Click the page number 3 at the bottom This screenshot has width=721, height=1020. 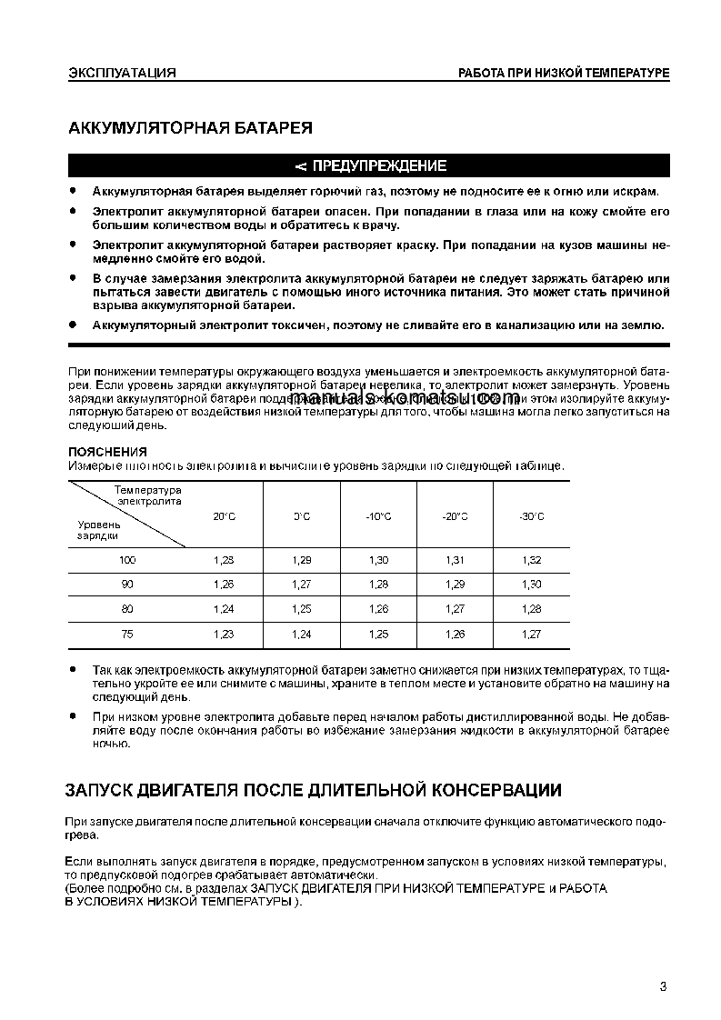coord(664,987)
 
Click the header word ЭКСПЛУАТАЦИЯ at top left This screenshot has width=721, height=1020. coord(122,73)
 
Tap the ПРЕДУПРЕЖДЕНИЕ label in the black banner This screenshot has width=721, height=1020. coord(379,166)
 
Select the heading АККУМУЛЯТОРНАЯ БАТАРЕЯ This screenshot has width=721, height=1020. coord(191,128)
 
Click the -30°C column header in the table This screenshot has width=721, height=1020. coord(531,516)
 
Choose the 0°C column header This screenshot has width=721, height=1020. coord(302,516)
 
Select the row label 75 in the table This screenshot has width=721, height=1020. coord(127,635)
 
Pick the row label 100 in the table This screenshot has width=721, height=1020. coord(127,560)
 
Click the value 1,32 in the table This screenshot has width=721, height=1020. coord(531,560)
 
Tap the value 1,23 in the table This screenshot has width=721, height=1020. coord(224,635)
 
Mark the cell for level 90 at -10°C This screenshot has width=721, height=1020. coord(378,585)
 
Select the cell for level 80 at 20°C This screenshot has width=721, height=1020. coord(224,609)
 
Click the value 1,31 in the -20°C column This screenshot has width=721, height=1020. coord(455,560)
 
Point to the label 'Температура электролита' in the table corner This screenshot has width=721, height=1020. coord(148,495)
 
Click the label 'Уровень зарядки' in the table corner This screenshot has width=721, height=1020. coord(98,530)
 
